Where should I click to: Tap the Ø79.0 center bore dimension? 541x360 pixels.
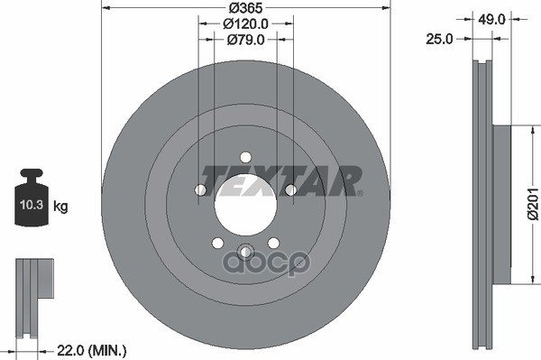pyautogui.click(x=245, y=39)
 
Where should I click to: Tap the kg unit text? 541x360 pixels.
pyautogui.click(x=61, y=208)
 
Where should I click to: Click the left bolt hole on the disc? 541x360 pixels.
pyautogui.click(x=200, y=189)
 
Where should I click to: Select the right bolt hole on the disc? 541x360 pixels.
pyautogui.click(x=290, y=189)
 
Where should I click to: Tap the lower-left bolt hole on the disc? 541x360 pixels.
pyautogui.click(x=217, y=242)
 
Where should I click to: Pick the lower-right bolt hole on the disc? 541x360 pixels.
pyautogui.click(x=273, y=242)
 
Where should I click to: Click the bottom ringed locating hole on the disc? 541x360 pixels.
pyautogui.click(x=245, y=251)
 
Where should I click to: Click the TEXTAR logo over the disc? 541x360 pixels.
pyautogui.click(x=280, y=180)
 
